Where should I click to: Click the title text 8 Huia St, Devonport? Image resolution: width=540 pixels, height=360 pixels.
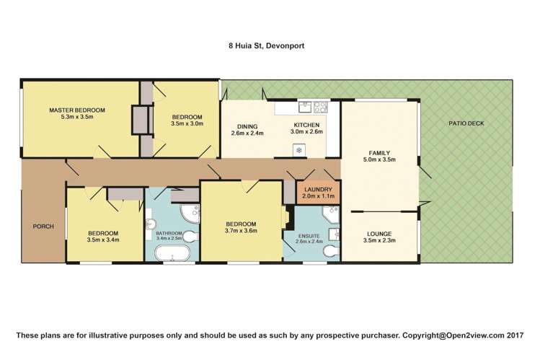click(266, 46)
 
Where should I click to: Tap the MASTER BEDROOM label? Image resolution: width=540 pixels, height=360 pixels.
click(77, 110)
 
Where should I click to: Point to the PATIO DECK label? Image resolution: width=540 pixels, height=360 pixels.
click(466, 123)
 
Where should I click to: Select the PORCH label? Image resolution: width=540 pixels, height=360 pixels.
click(43, 227)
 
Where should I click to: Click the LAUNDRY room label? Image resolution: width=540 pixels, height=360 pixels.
click(318, 190)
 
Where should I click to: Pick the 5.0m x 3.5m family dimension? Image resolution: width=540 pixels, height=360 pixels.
click(379, 159)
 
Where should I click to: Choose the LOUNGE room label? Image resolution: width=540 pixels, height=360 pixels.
click(379, 234)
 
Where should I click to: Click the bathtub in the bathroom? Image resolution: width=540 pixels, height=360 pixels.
click(172, 253)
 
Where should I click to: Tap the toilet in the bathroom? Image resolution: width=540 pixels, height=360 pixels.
click(190, 237)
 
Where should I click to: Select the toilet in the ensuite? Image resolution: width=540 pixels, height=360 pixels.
click(332, 251)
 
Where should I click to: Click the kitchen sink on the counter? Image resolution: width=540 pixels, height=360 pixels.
click(305, 107)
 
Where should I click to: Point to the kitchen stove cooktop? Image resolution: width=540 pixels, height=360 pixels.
click(320, 107)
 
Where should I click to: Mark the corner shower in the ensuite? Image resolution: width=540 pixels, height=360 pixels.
click(331, 214)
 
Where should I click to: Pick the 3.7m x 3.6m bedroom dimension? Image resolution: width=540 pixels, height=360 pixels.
click(241, 231)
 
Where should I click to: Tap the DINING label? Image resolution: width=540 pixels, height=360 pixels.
click(247, 126)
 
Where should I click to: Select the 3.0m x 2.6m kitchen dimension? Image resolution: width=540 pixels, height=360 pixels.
click(306, 131)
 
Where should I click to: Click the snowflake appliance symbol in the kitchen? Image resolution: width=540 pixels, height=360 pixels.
click(299, 150)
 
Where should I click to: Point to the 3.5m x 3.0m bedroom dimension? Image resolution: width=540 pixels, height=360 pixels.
click(187, 123)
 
